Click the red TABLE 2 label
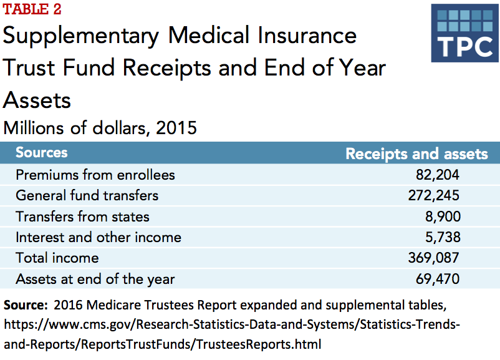click(x=32, y=10)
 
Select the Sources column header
click(x=41, y=153)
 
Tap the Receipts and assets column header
click(x=416, y=153)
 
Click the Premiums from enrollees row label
click(x=95, y=175)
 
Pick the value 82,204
click(x=435, y=175)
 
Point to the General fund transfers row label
click(x=87, y=195)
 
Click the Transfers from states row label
click(x=82, y=216)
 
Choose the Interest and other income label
click(x=99, y=237)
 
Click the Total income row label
click(x=57, y=258)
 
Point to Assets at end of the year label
click(x=95, y=279)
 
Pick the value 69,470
click(x=435, y=279)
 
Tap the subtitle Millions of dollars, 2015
click(x=100, y=128)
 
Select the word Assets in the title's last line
click(x=37, y=99)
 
